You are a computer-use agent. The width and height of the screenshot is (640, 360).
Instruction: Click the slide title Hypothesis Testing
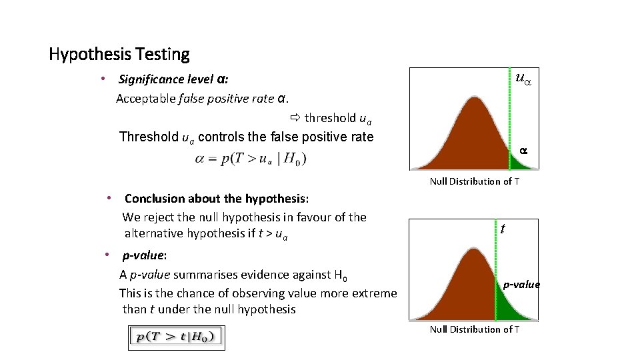(x=119, y=54)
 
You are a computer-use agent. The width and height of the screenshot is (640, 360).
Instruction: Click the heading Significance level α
(x=173, y=79)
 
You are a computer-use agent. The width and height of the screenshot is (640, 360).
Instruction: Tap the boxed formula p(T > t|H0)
(x=177, y=337)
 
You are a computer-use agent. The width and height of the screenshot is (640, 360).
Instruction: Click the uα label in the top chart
(x=525, y=78)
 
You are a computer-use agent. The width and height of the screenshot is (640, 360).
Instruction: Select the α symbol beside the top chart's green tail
(x=523, y=151)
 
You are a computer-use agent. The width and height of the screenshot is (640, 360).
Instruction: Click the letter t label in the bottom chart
(x=503, y=228)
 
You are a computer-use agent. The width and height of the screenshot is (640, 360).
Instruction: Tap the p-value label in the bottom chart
(x=521, y=285)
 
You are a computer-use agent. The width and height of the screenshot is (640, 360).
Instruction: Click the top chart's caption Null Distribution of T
(x=474, y=181)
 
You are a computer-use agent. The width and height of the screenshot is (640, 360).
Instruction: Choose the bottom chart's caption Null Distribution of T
(x=474, y=329)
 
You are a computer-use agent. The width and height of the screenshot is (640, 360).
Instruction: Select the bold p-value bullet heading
(x=144, y=255)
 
